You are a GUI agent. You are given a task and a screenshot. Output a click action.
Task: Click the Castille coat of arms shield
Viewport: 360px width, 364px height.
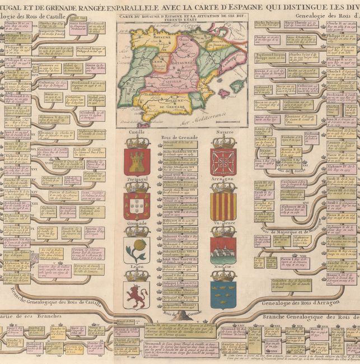(x=137, y=161)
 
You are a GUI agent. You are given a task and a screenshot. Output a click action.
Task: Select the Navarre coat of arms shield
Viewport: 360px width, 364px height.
(x=223, y=162)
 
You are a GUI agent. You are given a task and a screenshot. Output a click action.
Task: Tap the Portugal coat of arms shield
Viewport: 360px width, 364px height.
(x=137, y=206)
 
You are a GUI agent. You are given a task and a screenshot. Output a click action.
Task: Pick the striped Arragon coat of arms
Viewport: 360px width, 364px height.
(x=223, y=207)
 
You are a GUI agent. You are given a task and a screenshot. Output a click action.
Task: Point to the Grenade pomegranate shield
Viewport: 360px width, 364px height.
(x=137, y=250)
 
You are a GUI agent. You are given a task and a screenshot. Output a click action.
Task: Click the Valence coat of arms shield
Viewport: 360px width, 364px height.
(x=223, y=250)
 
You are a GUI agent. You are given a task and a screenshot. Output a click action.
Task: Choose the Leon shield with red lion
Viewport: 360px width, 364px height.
(x=137, y=295)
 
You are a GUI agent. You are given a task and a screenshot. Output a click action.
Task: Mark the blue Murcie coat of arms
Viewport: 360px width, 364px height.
(x=223, y=295)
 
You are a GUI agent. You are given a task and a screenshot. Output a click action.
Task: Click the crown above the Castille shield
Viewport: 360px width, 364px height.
(x=137, y=141)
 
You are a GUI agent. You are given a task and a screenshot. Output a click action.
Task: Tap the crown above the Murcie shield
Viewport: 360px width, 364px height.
(x=223, y=274)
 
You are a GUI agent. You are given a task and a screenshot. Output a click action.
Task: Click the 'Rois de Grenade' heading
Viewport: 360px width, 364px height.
(x=179, y=133)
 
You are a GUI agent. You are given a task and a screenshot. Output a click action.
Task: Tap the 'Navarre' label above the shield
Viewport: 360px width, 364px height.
(x=223, y=132)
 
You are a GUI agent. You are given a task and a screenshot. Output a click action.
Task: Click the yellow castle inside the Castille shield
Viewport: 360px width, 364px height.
(x=137, y=162)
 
